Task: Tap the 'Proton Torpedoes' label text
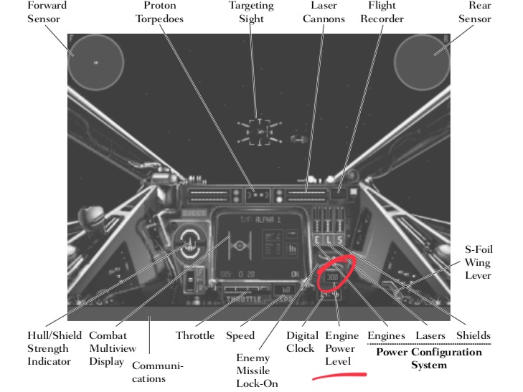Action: point(159,11)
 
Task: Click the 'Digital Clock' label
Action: point(301,341)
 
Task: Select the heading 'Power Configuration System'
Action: point(429,358)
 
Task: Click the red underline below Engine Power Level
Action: point(339,374)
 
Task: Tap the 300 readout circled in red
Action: point(332,277)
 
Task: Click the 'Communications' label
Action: point(158,372)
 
